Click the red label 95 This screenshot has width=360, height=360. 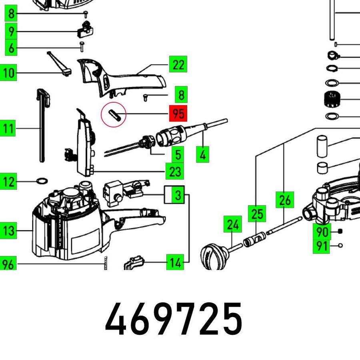click(178, 114)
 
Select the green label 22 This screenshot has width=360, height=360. click(178, 64)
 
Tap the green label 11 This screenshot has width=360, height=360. click(8, 128)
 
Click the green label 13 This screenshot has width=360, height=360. click(8, 230)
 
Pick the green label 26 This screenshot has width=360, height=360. click(285, 200)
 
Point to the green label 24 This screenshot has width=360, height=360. click(232, 224)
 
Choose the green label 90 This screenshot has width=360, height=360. click(322, 232)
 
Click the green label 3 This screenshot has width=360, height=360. click(178, 195)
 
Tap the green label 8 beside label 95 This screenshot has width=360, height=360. click(181, 94)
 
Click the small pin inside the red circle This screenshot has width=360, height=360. click(114, 114)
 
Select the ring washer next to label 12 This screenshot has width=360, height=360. click(42, 181)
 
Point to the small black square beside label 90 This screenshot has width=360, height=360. click(340, 232)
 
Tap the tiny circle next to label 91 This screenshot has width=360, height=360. click(341, 246)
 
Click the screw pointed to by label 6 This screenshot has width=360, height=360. click(82, 47)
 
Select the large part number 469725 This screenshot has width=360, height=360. click(173, 319)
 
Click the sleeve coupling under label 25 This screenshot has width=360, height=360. click(254, 239)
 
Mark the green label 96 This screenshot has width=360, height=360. click(8, 263)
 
